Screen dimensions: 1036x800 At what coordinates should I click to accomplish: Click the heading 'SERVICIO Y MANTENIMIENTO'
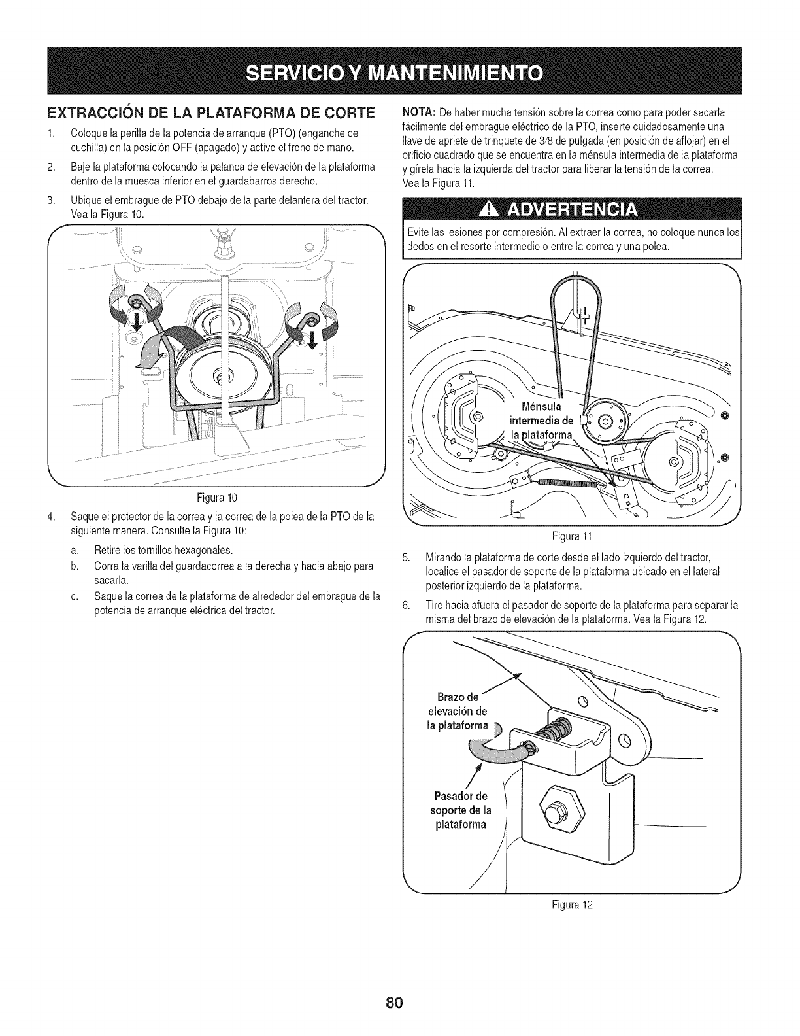point(399,71)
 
